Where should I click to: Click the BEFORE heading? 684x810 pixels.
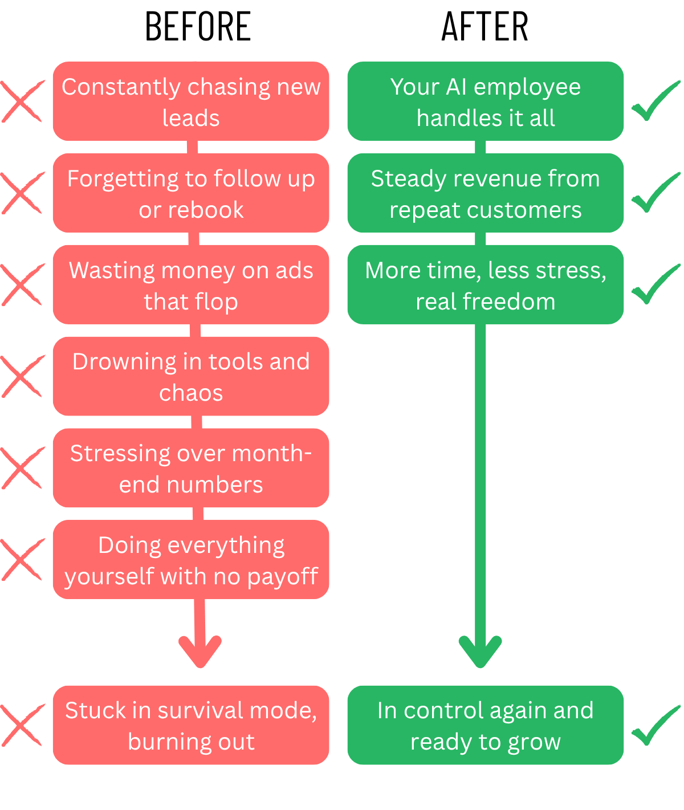pyautogui.click(x=198, y=27)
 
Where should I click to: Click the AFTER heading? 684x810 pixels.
pyautogui.click(x=485, y=27)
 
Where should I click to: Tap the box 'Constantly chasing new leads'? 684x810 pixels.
pyautogui.click(x=191, y=101)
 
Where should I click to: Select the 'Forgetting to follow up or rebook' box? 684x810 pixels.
pyautogui.click(x=191, y=193)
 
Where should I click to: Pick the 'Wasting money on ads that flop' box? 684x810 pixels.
pyautogui.click(x=191, y=285)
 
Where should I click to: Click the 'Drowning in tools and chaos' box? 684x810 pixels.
pyautogui.click(x=191, y=376)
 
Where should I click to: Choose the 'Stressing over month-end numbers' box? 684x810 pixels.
pyautogui.click(x=191, y=468)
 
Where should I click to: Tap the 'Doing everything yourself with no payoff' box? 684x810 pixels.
pyautogui.click(x=191, y=560)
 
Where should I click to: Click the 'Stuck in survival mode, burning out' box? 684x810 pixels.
pyautogui.click(x=191, y=725)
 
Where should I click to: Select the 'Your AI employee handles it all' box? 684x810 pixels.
pyautogui.click(x=486, y=101)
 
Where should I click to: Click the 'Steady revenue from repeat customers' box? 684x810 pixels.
pyautogui.click(x=486, y=193)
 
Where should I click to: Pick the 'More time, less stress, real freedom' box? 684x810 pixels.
pyautogui.click(x=486, y=285)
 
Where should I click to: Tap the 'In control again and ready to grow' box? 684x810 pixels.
pyautogui.click(x=486, y=725)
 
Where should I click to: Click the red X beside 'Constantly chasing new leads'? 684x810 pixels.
pyautogui.click(x=22, y=101)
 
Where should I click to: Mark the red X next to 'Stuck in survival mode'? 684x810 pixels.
pyautogui.click(x=22, y=725)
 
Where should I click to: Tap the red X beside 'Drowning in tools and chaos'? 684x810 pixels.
pyautogui.click(x=22, y=376)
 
